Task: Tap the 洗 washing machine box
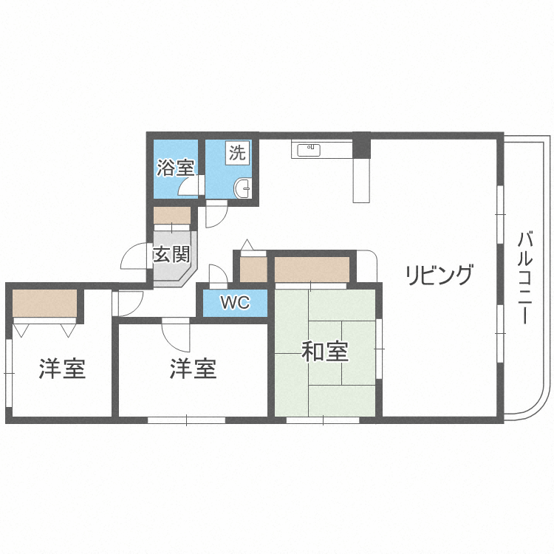[237, 154]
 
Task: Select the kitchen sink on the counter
[309, 150]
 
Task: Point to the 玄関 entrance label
[171, 256]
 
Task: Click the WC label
[235, 303]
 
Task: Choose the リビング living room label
[438, 275]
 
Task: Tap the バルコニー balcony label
[526, 278]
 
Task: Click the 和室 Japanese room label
[325, 352]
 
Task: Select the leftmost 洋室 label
[62, 368]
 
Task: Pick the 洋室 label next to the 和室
[193, 368]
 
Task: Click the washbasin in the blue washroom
[243, 191]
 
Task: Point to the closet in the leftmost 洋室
[44, 303]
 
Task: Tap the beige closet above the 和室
[312, 268]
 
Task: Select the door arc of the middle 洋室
[176, 336]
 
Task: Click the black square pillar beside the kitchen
[361, 144]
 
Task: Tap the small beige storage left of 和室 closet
[253, 269]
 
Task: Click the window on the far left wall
[9, 373]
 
